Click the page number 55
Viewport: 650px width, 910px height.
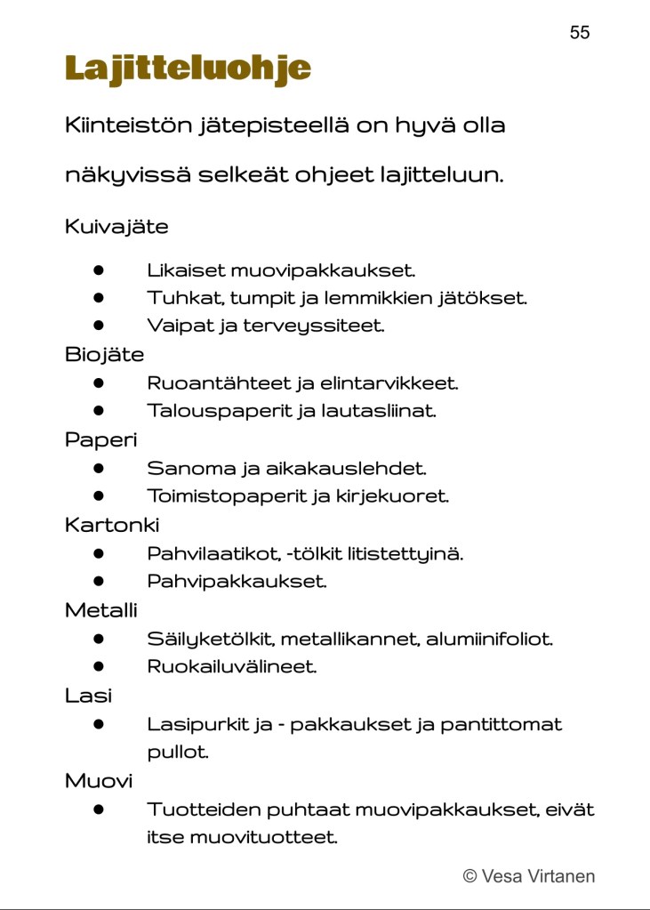(579, 33)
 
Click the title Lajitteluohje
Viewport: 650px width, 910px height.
(188, 68)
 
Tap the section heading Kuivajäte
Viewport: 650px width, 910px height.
(116, 227)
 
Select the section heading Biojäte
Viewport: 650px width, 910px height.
(104, 355)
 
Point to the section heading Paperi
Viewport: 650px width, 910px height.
(100, 439)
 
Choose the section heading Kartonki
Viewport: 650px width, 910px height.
(111, 525)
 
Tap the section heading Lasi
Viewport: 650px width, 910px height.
(88, 696)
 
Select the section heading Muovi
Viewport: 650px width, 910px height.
(98, 781)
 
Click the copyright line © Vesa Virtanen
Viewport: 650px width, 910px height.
(528, 876)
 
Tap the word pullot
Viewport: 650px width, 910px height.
(178, 753)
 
